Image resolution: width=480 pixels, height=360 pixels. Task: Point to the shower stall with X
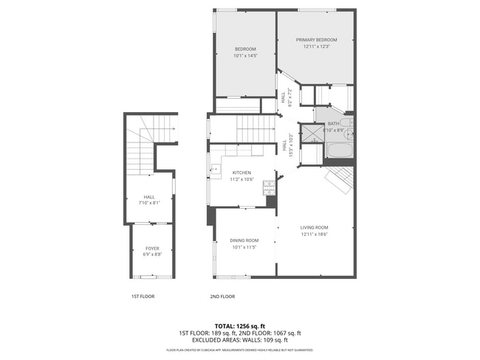[x=313, y=134]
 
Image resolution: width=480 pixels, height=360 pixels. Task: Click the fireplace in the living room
[x=339, y=179]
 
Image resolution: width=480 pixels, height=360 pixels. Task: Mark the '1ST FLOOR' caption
[x=143, y=297]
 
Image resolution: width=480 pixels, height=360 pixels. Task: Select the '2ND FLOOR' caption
[x=222, y=297]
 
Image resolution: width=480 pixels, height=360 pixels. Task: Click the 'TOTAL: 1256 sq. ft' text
[x=240, y=325]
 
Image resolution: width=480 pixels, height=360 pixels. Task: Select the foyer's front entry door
[x=151, y=276]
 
